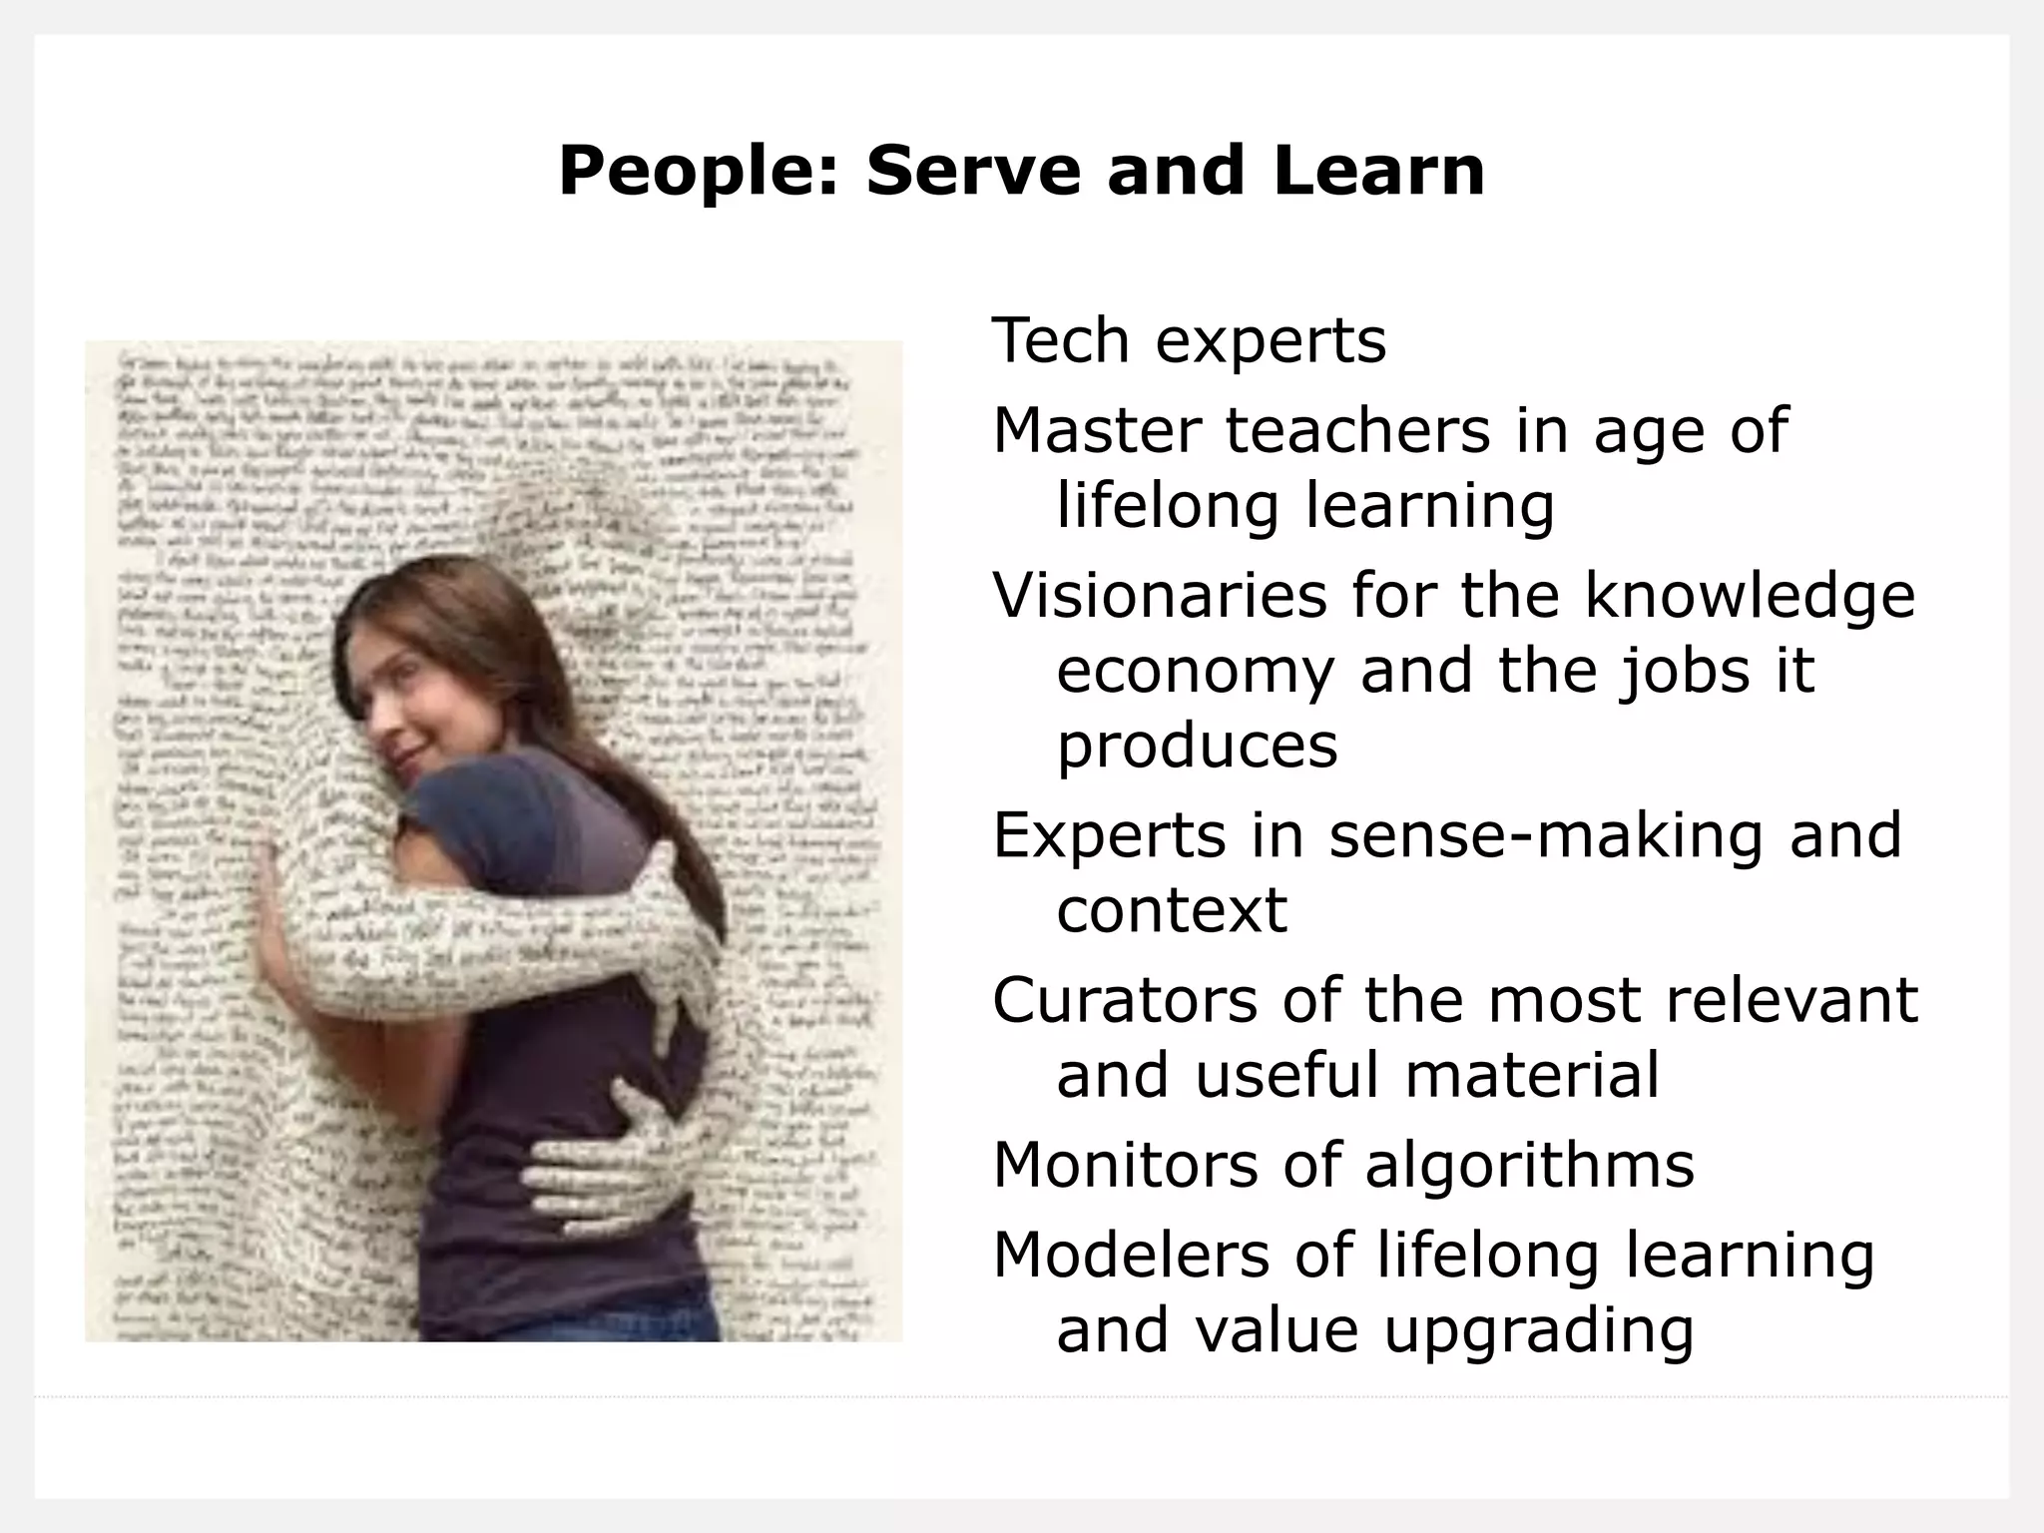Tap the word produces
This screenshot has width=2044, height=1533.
tap(1197, 746)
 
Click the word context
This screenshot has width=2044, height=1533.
tap(1172, 909)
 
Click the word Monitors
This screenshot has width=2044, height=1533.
tap(1125, 1165)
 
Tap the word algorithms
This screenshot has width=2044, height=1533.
tap(1529, 1165)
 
